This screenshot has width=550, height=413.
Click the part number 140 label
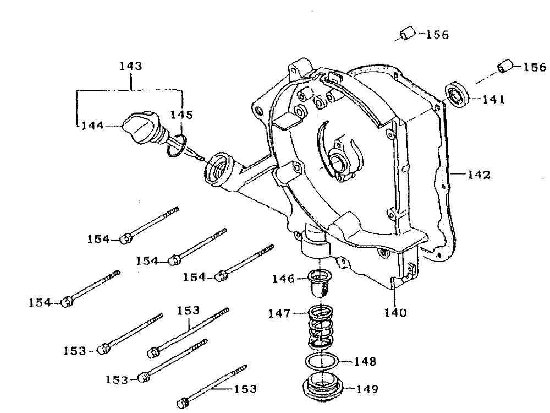pyautogui.click(x=395, y=313)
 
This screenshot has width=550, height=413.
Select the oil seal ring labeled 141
pyautogui.click(x=458, y=94)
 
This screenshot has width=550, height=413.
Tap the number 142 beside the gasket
pyautogui.click(x=479, y=175)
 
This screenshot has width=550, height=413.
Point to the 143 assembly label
pyautogui.click(x=131, y=66)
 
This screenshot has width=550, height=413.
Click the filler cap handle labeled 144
pyautogui.click(x=139, y=128)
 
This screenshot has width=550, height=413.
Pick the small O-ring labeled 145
pyautogui.click(x=176, y=145)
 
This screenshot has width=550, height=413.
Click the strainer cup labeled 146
pyautogui.click(x=320, y=282)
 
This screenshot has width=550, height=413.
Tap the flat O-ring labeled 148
pyautogui.click(x=322, y=361)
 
